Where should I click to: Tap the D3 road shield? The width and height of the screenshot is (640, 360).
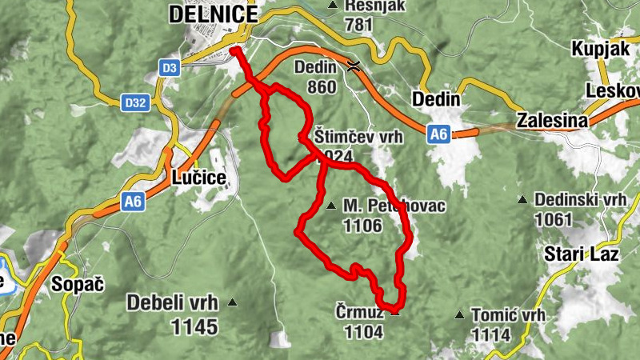click(x=168, y=68)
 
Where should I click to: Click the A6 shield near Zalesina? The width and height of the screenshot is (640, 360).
click(x=438, y=134)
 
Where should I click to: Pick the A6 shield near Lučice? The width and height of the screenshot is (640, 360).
click(x=134, y=203)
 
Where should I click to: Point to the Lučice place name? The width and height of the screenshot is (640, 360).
click(x=198, y=178)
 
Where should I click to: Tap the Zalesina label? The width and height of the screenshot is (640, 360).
click(x=552, y=121)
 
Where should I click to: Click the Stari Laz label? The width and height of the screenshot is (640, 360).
click(x=582, y=255)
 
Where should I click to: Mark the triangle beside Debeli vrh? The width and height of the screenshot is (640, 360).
click(x=233, y=302)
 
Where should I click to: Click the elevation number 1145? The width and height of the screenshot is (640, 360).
click(x=194, y=326)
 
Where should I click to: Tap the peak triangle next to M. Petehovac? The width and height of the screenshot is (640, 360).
click(x=331, y=206)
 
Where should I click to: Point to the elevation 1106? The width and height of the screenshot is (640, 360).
click(x=362, y=226)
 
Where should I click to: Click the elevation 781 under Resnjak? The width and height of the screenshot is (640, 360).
click(x=360, y=25)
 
